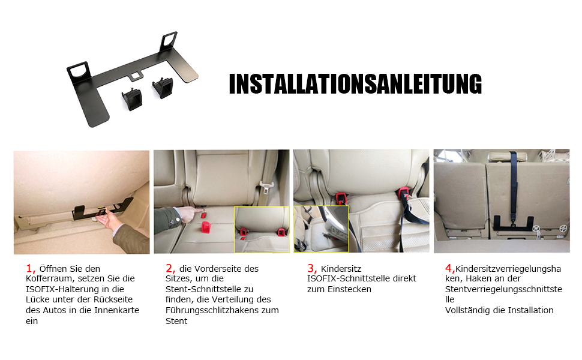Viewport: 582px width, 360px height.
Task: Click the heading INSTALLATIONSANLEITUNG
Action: [x=355, y=84]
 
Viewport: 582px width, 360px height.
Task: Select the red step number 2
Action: [x=170, y=268]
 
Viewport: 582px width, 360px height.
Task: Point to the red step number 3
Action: [x=311, y=268]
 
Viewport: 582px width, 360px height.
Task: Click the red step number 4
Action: [x=449, y=268]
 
